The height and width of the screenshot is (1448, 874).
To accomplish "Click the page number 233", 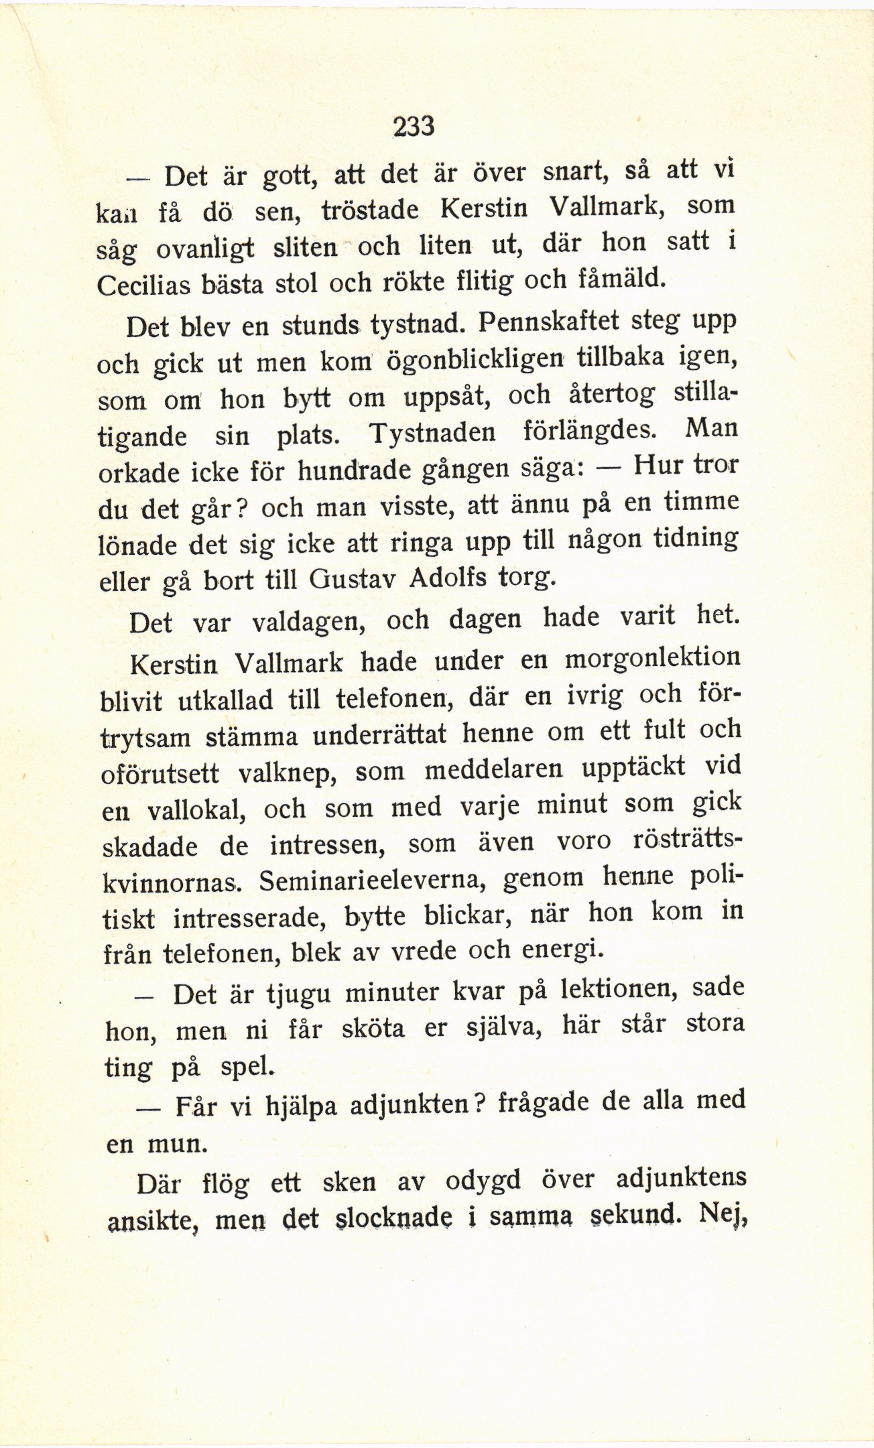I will [414, 126].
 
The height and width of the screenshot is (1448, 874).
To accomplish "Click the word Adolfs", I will [447, 577].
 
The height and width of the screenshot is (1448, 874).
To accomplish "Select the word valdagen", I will [308, 622].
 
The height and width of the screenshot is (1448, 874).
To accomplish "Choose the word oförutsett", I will [160, 773].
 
